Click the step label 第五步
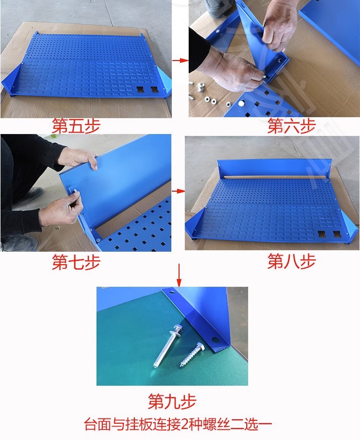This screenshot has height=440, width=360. point(76,125)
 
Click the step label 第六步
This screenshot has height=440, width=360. point(291,125)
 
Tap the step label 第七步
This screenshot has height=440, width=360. point(76,262)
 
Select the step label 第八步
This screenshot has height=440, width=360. point(291,261)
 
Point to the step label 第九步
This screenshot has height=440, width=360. point(172,401)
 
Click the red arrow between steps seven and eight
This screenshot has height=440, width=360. point(178,191)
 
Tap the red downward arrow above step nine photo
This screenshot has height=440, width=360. point(179,275)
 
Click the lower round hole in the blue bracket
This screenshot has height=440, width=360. point(215,340)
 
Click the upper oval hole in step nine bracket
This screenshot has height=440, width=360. point(171,292)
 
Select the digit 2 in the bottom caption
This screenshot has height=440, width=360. point(184,424)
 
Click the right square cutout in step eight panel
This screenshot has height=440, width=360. point(336,234)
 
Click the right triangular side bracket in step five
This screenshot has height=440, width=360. point(164,81)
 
